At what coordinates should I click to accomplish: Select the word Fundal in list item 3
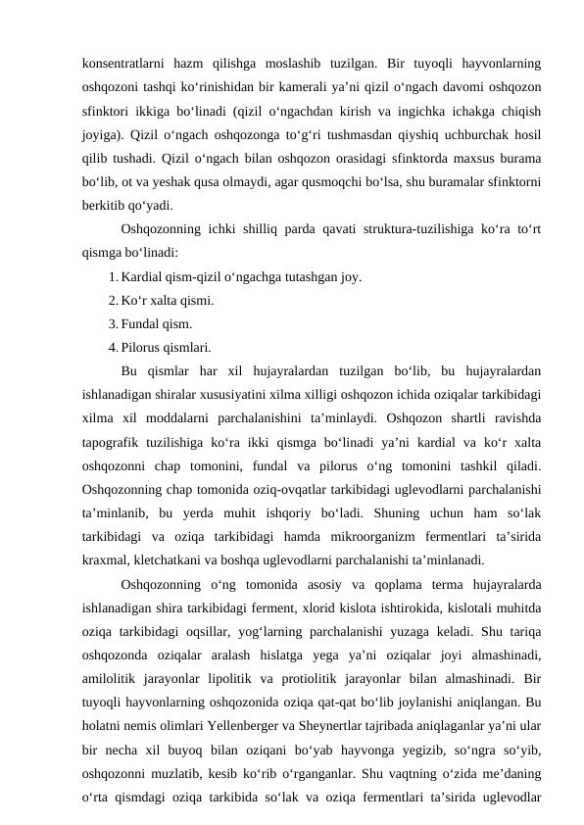tap(145, 323)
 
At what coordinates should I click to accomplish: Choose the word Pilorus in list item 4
tap(148, 346)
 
